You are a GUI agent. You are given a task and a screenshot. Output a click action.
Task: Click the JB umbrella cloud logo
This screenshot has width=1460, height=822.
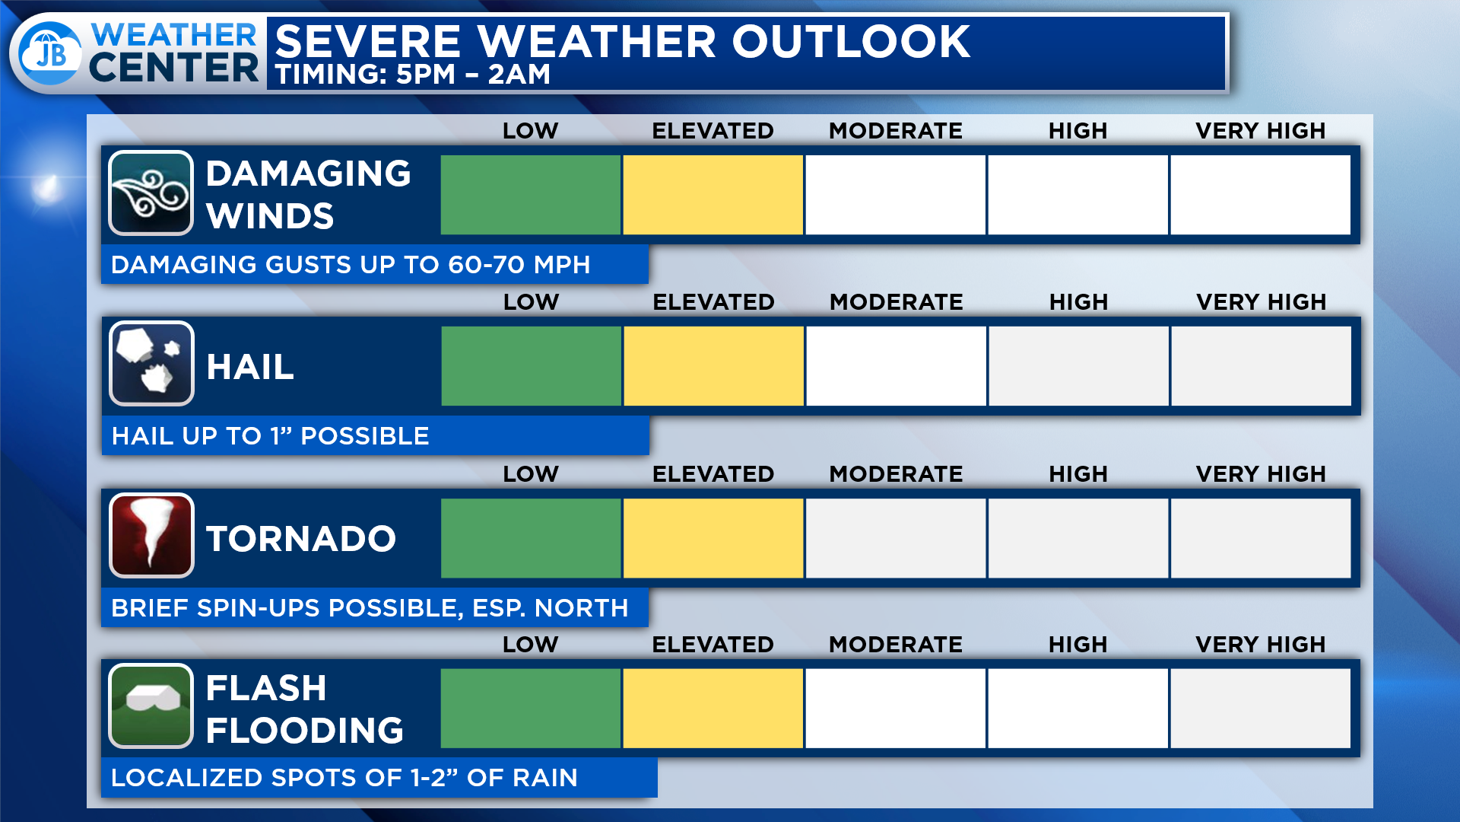click(50, 53)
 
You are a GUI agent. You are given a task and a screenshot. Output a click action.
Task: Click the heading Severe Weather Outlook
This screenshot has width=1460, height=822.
click(622, 41)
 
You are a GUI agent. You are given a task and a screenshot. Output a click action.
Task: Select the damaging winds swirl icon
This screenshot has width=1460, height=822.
click(151, 193)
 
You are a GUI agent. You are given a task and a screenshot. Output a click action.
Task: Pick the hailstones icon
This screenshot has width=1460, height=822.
click(151, 364)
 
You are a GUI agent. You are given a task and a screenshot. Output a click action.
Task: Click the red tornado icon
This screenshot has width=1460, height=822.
click(151, 536)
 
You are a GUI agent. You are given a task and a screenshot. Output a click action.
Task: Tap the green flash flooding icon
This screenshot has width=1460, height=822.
click(151, 706)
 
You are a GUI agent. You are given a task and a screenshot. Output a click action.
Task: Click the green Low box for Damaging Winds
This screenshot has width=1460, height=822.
click(531, 195)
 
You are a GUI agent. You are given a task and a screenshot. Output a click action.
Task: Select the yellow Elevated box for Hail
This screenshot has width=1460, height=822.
click(714, 366)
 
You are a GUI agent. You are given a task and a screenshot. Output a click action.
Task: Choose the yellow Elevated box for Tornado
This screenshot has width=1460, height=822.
click(713, 538)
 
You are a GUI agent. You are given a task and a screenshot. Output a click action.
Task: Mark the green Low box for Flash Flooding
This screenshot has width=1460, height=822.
click(531, 709)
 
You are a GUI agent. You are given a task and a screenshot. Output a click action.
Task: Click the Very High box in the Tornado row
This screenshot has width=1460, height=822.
click(1261, 538)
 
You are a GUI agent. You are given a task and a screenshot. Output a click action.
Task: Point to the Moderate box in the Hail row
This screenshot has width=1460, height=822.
click(897, 366)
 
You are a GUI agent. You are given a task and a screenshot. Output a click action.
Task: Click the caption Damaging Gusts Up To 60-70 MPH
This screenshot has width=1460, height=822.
click(351, 265)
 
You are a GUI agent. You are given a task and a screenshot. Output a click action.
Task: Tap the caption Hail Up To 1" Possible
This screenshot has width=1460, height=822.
click(271, 436)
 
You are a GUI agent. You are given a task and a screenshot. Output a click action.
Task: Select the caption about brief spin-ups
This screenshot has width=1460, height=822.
click(370, 608)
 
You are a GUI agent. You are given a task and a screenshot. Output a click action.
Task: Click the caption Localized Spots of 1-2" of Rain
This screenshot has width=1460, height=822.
click(344, 778)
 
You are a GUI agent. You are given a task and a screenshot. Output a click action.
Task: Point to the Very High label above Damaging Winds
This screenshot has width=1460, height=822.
click(1261, 131)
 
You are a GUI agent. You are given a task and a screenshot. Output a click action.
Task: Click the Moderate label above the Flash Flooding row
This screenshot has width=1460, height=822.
click(896, 645)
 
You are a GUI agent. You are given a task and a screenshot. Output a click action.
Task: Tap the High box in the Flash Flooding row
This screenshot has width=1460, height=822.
click(1078, 709)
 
